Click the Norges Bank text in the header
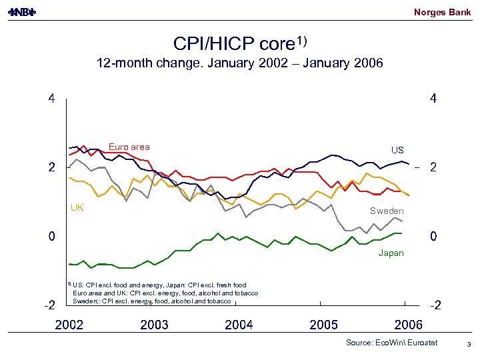tap(442, 12)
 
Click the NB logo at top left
tap(25, 12)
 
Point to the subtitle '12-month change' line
tap(239, 64)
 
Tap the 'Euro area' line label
tap(129, 147)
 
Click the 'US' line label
tap(397, 150)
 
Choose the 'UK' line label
tap(77, 207)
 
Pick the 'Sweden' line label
tap(387, 211)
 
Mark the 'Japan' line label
tap(391, 253)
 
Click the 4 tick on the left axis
tap(51, 99)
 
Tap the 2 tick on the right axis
tap(433, 168)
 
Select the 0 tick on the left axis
tap(51, 237)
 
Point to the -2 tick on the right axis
tap(435, 306)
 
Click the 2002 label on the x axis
tap(69, 325)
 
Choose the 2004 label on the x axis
tap(239, 325)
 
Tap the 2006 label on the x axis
tap(409, 325)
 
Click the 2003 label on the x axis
tap(154, 325)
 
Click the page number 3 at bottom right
tap(469, 344)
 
